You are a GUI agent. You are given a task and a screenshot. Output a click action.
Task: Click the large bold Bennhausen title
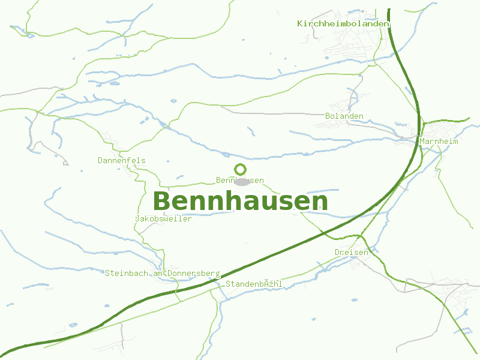[241, 201]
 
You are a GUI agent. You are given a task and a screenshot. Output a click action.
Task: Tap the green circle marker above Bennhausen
[241, 170]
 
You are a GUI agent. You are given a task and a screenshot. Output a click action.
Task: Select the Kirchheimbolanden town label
[343, 23]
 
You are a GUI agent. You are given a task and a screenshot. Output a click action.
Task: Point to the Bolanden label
[344, 116]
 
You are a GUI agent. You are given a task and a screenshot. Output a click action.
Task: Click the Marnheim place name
[439, 141]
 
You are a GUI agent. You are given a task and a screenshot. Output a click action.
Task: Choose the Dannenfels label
[122, 160]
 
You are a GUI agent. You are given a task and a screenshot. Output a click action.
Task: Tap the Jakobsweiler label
[164, 218]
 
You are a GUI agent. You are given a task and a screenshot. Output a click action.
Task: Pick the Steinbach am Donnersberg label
[163, 273]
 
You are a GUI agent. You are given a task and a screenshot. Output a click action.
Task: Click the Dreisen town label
[352, 252]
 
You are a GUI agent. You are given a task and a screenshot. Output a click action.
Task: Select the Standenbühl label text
[254, 283]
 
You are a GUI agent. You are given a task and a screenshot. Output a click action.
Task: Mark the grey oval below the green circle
[242, 181]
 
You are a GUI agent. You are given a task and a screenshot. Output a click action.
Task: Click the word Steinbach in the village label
[124, 273]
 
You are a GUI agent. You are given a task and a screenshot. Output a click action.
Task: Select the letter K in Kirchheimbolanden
[300, 23]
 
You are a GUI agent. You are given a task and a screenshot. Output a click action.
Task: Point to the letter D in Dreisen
[338, 252]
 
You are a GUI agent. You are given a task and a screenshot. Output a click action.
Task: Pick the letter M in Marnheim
[423, 141]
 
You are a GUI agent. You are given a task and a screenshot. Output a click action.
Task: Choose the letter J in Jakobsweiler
[139, 218]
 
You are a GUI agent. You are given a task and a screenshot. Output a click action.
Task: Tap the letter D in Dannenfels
[101, 160]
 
